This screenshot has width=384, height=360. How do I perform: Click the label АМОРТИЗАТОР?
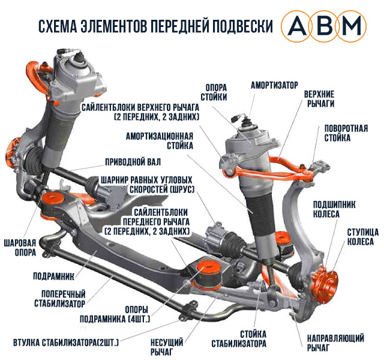tap(274, 85)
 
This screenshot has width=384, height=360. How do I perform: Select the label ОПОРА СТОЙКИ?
tap(215, 91)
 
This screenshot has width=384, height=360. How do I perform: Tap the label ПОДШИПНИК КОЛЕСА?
tap(334, 210)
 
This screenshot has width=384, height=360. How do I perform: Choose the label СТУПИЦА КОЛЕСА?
tap(361, 237)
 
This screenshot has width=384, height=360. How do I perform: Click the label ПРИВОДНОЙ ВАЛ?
tap(133, 162)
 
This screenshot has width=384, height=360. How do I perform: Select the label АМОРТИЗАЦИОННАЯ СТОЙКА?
tap(159, 140)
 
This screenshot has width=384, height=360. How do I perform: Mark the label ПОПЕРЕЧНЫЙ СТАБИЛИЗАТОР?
tap(63, 299)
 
